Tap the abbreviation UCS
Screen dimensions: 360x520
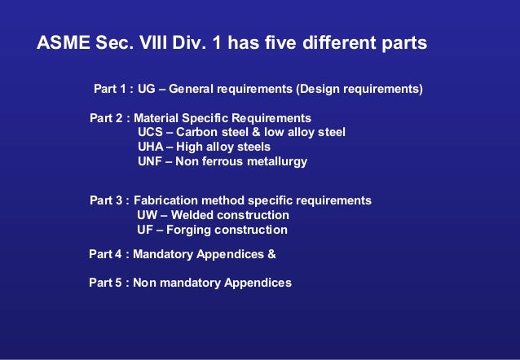click(x=151, y=132)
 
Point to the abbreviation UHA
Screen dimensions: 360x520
click(x=151, y=147)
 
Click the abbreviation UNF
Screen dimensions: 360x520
click(x=151, y=161)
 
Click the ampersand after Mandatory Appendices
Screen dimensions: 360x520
click(x=271, y=253)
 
